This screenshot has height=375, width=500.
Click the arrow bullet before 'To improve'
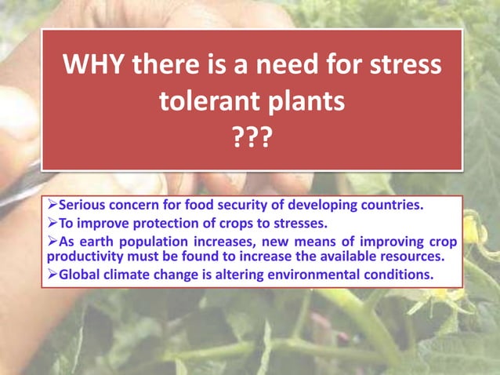click(53, 224)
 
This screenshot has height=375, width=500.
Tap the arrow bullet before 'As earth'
click(53, 241)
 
